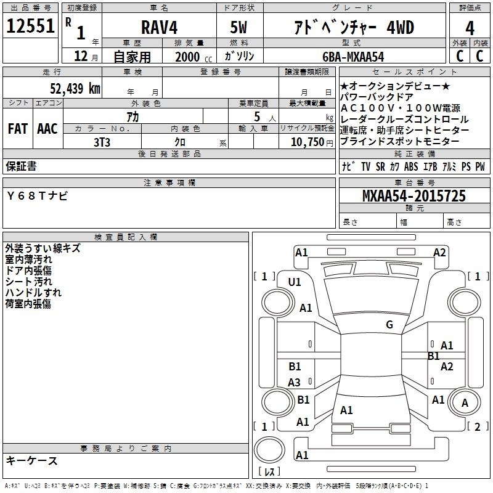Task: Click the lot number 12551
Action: pyautogui.click(x=30, y=26)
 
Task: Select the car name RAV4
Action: pyautogui.click(x=159, y=27)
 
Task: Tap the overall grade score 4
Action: pyautogui.click(x=470, y=28)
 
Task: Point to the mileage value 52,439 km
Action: pyautogui.click(x=75, y=88)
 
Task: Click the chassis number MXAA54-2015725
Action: pyautogui.click(x=414, y=196)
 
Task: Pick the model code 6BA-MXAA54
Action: pyautogui.click(x=353, y=57)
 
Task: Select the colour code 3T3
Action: pyautogui.click(x=102, y=142)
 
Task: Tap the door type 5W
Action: pyautogui.click(x=238, y=27)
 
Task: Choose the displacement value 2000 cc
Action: pyautogui.click(x=194, y=57)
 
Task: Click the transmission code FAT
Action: pyautogui.click(x=18, y=129)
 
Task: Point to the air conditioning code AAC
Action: pyautogui.click(x=47, y=129)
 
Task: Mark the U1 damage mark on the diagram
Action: pyautogui.click(x=295, y=282)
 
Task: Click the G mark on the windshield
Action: pyautogui.click(x=389, y=325)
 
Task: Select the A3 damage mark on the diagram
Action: pyautogui.click(x=294, y=382)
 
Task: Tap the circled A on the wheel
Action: pyautogui.click(x=465, y=402)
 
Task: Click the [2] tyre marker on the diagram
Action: pyautogui.click(x=478, y=426)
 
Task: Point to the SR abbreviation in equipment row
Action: pyautogui.click(x=380, y=166)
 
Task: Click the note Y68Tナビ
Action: pyautogui.click(x=37, y=196)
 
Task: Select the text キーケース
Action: pyautogui.click(x=32, y=461)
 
